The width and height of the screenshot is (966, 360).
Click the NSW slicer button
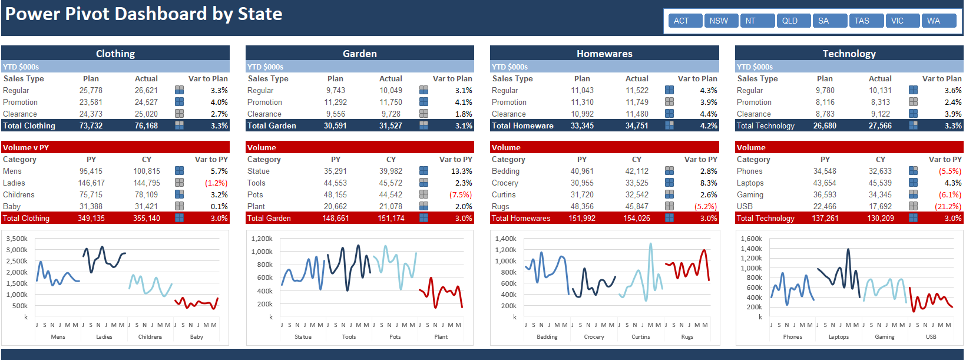tap(719, 21)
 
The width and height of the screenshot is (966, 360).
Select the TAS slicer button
tap(862, 21)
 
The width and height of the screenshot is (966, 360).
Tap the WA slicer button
tap(934, 21)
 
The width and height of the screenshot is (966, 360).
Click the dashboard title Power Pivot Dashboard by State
tap(144, 14)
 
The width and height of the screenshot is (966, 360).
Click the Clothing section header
tap(115, 54)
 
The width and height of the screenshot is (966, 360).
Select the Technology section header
tap(849, 54)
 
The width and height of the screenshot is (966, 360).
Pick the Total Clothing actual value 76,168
tap(146, 125)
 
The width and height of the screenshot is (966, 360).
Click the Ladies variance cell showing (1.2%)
tap(216, 183)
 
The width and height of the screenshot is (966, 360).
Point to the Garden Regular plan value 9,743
tap(336, 90)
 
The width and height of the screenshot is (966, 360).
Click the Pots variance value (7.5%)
tap(461, 194)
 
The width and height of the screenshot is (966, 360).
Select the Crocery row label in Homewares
tap(505, 183)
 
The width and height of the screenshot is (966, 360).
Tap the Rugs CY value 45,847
tap(637, 206)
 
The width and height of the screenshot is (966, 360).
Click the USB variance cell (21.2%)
tap(948, 206)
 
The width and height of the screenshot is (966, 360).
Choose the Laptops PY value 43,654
tap(825, 183)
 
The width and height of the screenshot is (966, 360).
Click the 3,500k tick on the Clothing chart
tap(16, 239)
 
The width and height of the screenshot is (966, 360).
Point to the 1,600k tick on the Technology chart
tap(751, 239)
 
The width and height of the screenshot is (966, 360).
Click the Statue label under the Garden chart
tap(303, 337)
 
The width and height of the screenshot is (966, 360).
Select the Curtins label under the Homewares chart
tap(640, 337)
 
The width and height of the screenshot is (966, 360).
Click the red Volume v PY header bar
tap(115, 147)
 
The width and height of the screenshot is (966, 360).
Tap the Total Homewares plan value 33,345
tap(582, 125)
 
